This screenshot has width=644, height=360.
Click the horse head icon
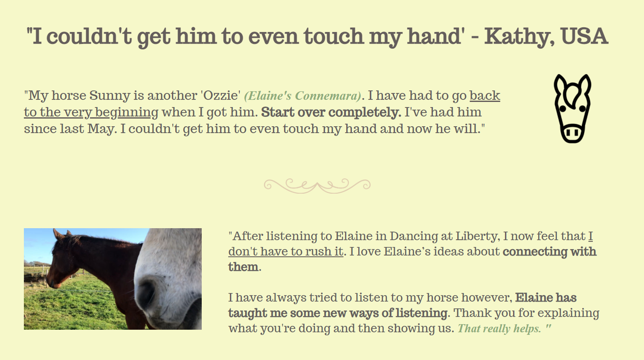(x=572, y=108)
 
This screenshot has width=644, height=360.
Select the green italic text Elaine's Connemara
(x=303, y=96)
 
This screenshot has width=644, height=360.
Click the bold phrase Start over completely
(x=331, y=113)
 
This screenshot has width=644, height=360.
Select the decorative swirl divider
(x=317, y=186)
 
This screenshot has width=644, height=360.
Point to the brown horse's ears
(x=62, y=234)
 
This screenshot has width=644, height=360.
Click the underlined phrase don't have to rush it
(x=286, y=252)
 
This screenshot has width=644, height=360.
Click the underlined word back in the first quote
(x=485, y=96)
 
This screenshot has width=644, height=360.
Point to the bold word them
(x=243, y=267)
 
